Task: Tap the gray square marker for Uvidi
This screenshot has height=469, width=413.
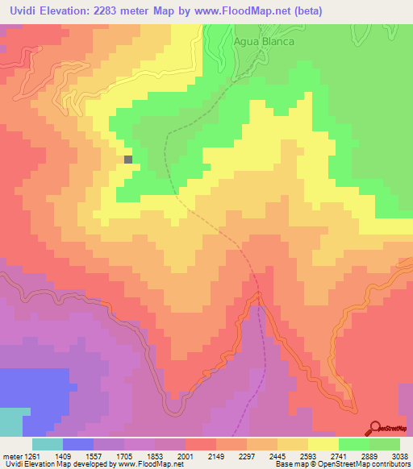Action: point(128,160)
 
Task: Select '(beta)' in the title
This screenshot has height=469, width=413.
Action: point(344,11)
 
